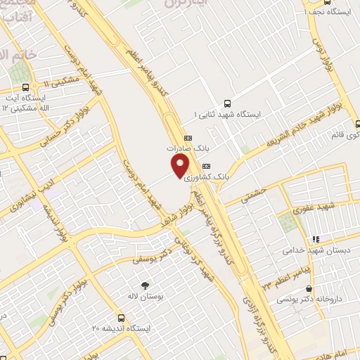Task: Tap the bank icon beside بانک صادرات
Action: coord(188,138)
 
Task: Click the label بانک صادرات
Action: coord(189,149)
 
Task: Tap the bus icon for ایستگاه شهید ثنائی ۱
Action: coord(226,103)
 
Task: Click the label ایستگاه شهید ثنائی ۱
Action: coord(226,113)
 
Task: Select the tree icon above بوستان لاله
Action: coord(145,285)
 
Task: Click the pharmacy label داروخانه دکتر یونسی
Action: coord(314,299)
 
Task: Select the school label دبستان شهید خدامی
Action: coord(311,250)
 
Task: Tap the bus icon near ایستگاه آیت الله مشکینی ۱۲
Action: coord(26,88)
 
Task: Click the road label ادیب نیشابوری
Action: coord(16,198)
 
